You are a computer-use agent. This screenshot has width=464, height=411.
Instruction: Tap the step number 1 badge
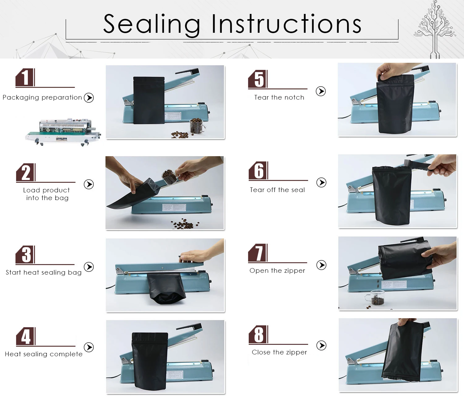(x=25, y=77)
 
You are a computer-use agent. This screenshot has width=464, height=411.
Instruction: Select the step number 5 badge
(x=258, y=79)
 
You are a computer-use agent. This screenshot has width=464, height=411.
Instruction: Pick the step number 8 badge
(x=258, y=334)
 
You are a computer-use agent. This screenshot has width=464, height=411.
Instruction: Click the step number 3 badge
(x=25, y=255)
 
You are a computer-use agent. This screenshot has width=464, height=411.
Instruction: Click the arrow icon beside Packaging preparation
(x=89, y=98)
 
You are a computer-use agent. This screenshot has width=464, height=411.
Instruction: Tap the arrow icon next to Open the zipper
(x=321, y=265)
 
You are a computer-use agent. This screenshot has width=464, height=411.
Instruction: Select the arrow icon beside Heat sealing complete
(x=89, y=347)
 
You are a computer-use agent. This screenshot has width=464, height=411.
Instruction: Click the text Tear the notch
(x=279, y=97)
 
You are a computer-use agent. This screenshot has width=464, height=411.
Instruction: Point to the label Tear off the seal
(x=277, y=190)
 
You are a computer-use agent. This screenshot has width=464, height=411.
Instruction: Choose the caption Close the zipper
(x=279, y=352)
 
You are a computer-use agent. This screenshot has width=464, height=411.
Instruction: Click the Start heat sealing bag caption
(x=44, y=272)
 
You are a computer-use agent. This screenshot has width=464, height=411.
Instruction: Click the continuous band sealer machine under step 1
(x=63, y=132)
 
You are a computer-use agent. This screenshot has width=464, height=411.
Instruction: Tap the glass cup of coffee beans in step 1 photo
(x=197, y=126)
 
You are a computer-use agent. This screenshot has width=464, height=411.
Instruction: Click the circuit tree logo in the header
(x=435, y=29)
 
